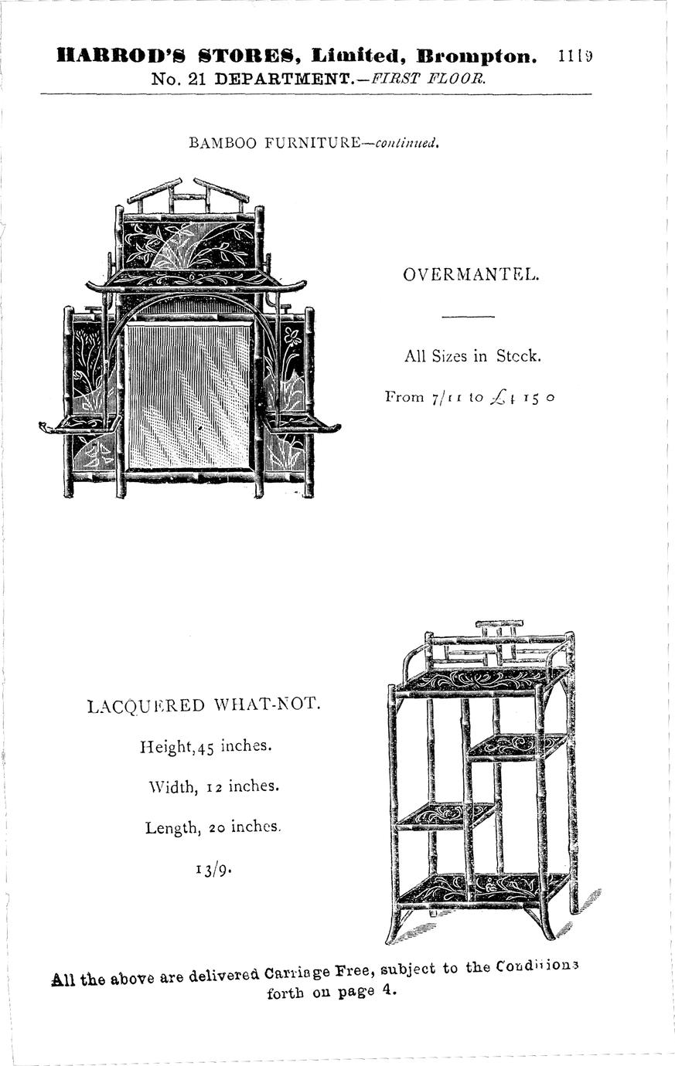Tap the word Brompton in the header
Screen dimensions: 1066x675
(476, 56)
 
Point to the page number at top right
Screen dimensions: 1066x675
(575, 56)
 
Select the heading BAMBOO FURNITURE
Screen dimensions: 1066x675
(274, 143)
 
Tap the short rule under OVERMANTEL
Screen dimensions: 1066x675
(468, 317)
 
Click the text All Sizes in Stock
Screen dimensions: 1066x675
(472, 356)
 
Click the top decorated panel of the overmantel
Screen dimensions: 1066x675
(189, 244)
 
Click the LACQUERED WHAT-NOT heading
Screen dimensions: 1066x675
(203, 705)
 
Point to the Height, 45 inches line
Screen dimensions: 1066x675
(206, 747)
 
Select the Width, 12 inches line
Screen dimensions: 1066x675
(213, 787)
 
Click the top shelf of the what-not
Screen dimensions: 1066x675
(482, 680)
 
